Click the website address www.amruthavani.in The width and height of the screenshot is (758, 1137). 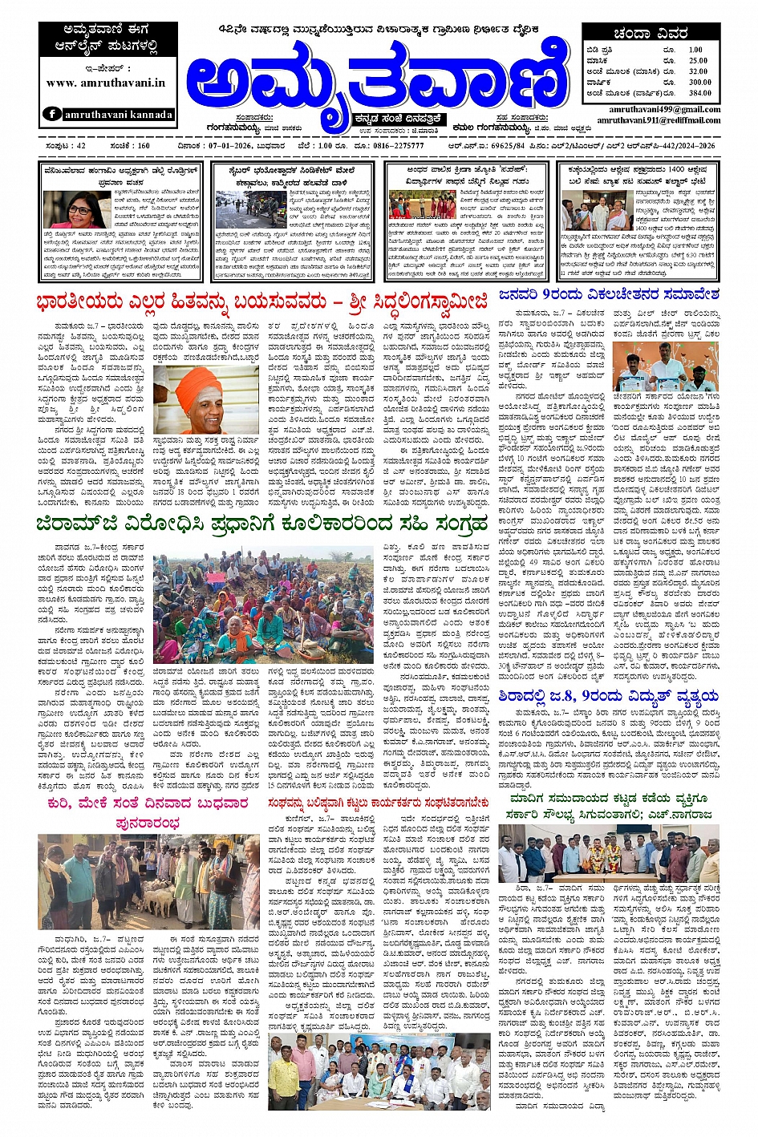106,83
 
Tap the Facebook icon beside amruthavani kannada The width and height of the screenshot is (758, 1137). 52,114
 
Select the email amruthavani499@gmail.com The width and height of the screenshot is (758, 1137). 664,109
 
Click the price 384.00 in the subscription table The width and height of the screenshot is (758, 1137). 699,93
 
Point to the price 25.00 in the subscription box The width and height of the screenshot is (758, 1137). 698,61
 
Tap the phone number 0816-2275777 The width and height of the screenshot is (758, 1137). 398,146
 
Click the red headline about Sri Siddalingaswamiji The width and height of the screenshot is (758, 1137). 261,302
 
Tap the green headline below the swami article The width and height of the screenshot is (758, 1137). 261,524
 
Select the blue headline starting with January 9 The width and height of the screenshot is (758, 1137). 609,295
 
